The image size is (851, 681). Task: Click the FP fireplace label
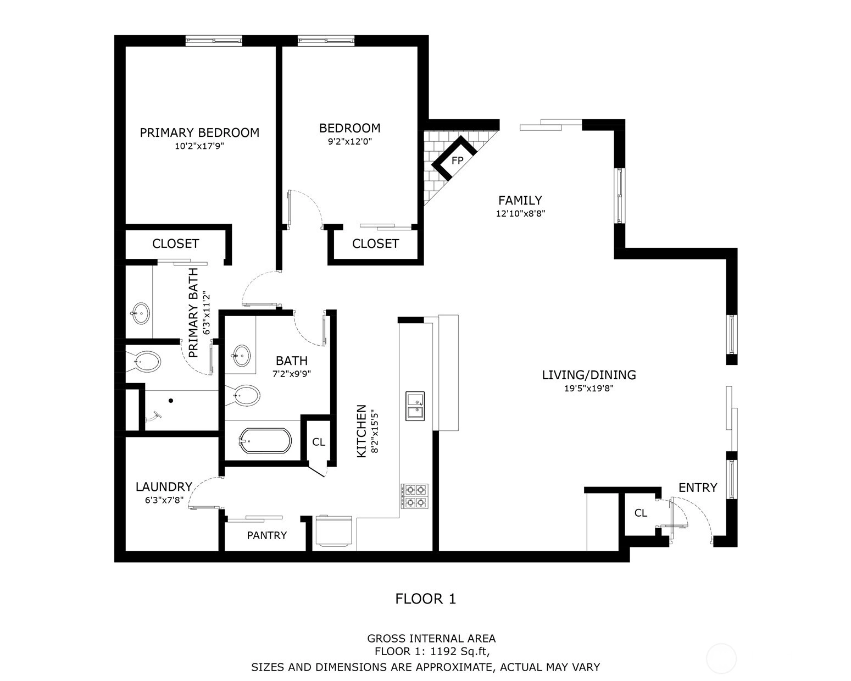[x=457, y=160]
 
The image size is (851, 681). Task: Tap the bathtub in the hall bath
[x=265, y=440]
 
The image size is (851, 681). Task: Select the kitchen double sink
[x=415, y=406]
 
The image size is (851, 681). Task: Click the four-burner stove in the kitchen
[x=414, y=496]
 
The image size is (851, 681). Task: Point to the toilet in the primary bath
[x=143, y=362]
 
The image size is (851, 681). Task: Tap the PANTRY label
[x=266, y=535]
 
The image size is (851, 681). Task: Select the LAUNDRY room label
[x=164, y=487]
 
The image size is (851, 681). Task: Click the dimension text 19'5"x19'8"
[x=588, y=388]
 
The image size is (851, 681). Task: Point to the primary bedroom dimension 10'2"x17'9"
[x=199, y=146]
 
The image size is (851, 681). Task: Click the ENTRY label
[x=698, y=488]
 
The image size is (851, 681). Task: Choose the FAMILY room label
[x=520, y=200]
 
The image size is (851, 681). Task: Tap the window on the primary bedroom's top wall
[x=214, y=40]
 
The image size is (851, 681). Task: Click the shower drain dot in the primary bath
[x=171, y=401]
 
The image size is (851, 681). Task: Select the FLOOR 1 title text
[x=425, y=599]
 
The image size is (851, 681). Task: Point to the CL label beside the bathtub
[x=318, y=442]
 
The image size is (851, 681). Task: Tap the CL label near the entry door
[x=641, y=513]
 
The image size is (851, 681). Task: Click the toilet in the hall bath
[x=242, y=395]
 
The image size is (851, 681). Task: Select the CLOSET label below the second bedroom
[x=375, y=243]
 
